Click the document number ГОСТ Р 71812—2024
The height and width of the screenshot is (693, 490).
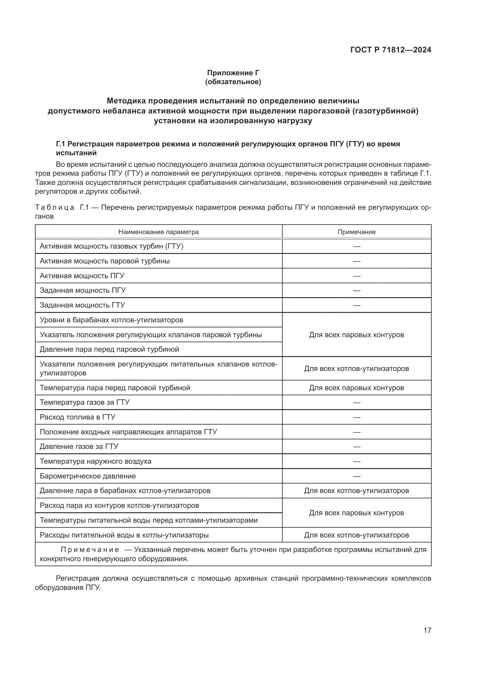tap(390, 50)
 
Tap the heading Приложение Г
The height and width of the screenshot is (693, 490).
tap(233, 73)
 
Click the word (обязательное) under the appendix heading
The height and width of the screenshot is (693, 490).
tap(233, 82)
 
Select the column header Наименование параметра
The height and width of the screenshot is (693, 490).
tap(158, 232)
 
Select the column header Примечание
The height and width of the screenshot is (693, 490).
tap(356, 232)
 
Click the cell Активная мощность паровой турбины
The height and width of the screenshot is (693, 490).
tap(105, 261)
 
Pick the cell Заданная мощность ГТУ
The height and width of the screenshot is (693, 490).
tap(82, 305)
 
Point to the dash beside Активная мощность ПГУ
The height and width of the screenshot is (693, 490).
tap(356, 276)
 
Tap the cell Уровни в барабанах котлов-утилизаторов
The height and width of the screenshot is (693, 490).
tap(111, 320)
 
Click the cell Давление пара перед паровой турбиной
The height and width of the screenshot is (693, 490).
tap(109, 349)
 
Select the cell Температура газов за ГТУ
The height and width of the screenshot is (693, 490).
tap(84, 402)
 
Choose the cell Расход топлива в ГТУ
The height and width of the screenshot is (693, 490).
tap(78, 417)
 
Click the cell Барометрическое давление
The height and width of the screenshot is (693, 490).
tap(88, 476)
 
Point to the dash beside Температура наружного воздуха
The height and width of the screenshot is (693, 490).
tap(356, 461)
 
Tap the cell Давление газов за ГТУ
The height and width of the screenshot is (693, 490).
tap(79, 446)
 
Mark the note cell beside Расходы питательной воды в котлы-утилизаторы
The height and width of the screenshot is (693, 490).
tap(356, 535)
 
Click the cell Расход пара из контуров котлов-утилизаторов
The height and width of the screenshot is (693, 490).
tap(119, 505)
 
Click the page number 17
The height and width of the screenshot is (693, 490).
tap(427, 630)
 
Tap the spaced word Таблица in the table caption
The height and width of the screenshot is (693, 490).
tap(55, 207)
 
